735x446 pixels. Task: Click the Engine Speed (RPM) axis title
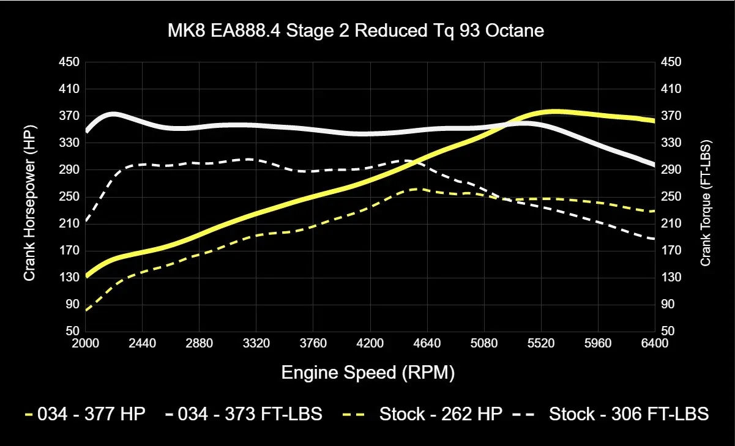(x=368, y=373)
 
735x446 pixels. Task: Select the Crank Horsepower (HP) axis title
(x=29, y=203)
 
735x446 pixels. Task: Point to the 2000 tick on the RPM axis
(x=86, y=343)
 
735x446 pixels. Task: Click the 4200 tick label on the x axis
(x=370, y=343)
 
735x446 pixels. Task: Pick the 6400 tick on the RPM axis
(x=655, y=343)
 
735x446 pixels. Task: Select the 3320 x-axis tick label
(x=256, y=343)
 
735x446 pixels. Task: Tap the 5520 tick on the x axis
(x=541, y=343)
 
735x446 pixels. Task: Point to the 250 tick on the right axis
(x=671, y=196)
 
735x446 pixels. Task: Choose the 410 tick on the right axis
(x=671, y=89)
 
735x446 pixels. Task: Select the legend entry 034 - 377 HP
(x=85, y=414)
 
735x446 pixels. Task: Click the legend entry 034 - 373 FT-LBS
(x=243, y=414)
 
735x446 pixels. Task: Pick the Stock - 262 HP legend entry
(x=428, y=414)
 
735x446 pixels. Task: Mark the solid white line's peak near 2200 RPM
(x=113, y=114)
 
